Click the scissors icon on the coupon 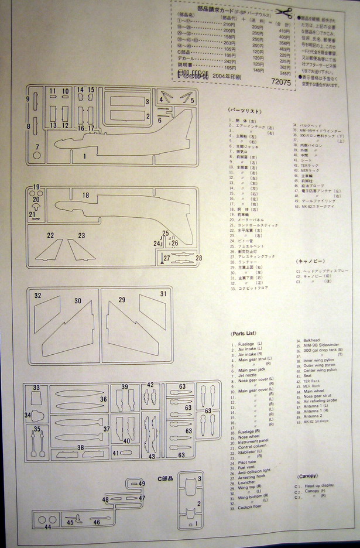tap(284, 13)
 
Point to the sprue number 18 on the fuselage tap(85, 196)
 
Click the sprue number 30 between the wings tap(77, 301)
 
